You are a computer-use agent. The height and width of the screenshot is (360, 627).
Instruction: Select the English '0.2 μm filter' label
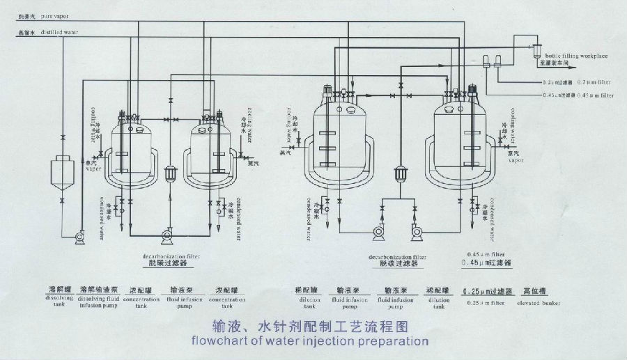tap(595, 82)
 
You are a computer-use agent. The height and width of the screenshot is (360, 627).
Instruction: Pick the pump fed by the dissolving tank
tap(79, 237)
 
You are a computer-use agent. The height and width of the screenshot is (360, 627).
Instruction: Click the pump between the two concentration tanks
tap(168, 236)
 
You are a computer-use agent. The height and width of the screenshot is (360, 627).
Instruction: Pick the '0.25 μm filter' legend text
tap(488, 303)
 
